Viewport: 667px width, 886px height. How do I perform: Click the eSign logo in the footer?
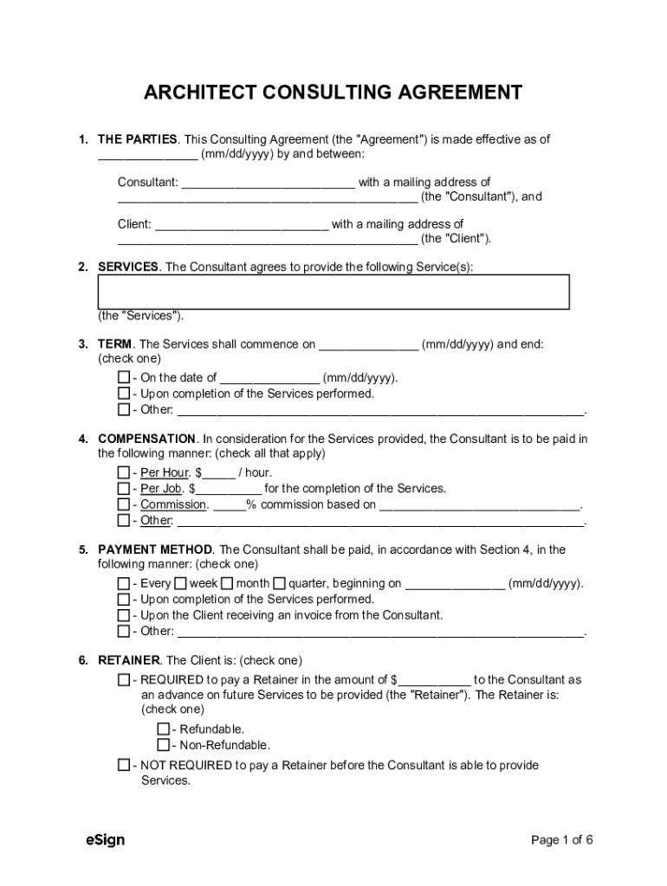[x=105, y=840]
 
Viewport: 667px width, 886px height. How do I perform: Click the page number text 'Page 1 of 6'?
[x=561, y=840]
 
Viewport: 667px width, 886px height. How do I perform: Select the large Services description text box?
[x=333, y=292]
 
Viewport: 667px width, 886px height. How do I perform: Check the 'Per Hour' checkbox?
[x=124, y=472]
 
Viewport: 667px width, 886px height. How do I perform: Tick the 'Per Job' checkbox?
[x=124, y=489]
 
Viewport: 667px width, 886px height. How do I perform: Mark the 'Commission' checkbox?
[x=124, y=504]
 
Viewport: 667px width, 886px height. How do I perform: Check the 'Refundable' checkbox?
[x=163, y=729]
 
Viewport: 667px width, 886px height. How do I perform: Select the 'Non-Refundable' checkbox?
[x=163, y=745]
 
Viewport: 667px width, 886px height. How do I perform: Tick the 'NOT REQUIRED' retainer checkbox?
[x=124, y=766]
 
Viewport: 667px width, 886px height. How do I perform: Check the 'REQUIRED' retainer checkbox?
[x=124, y=680]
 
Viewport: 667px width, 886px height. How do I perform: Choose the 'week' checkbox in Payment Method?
[x=181, y=584]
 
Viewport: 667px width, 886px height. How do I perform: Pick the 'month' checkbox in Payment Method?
[x=227, y=584]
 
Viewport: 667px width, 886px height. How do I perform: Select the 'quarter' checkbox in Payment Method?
[x=279, y=584]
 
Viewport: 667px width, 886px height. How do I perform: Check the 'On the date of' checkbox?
[x=124, y=378]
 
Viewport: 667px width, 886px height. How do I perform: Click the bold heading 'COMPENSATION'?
[x=146, y=439]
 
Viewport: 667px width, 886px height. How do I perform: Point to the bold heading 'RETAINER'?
[x=129, y=660]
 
